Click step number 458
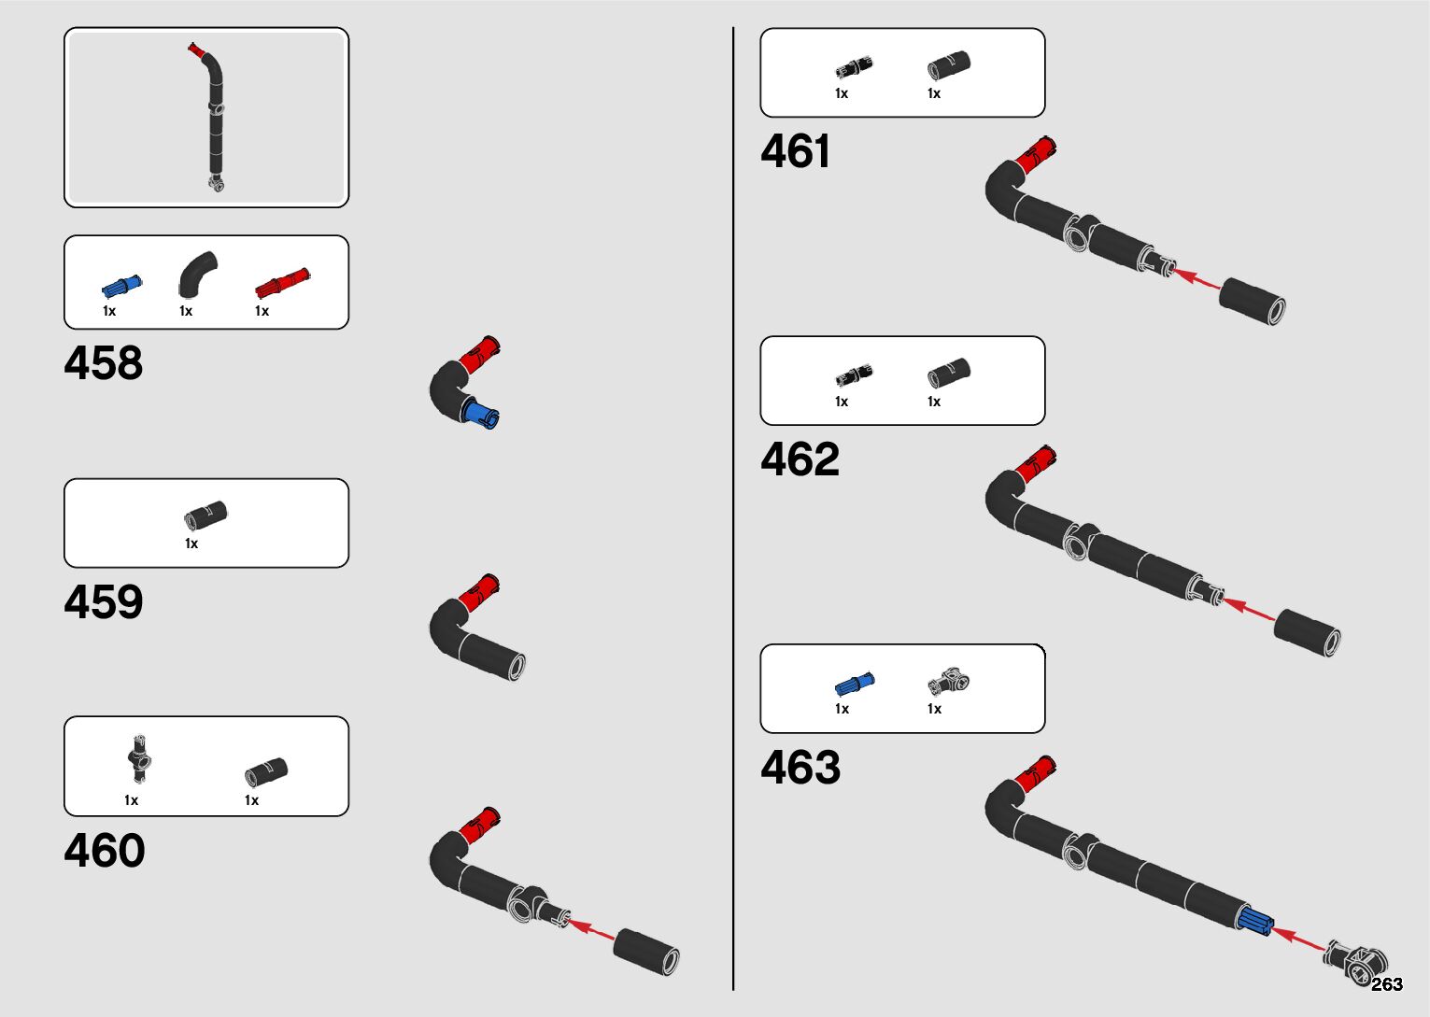[x=104, y=363]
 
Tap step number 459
[x=104, y=602]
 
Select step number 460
[x=105, y=851]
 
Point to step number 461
[x=796, y=151]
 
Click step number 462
[x=800, y=459]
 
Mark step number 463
[x=800, y=768]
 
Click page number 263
[x=1387, y=984]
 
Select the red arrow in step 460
[x=592, y=930]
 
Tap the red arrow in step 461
[x=1195, y=278]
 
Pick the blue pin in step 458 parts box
[x=121, y=285]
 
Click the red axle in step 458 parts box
[x=282, y=281]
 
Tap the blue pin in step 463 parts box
[x=854, y=685]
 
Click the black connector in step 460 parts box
[x=139, y=759]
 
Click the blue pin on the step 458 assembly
[x=480, y=414]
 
